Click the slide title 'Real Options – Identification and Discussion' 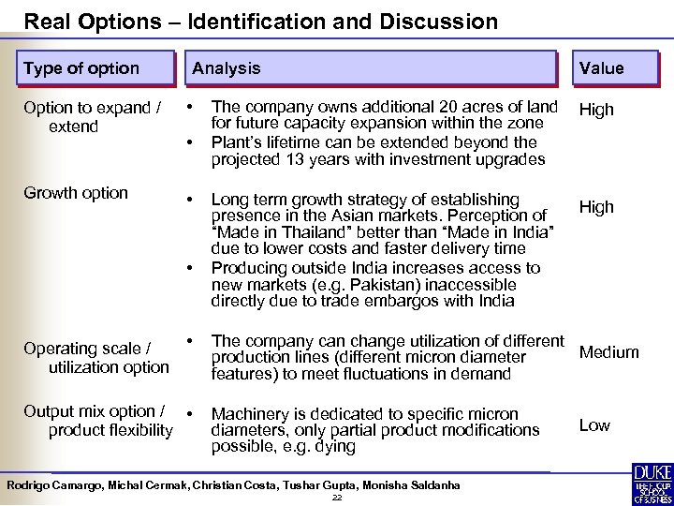[261, 21]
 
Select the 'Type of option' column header [81, 68]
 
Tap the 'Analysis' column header [227, 68]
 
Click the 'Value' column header [601, 68]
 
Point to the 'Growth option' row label [76, 193]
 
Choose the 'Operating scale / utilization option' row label [96, 358]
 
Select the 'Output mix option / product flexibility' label [98, 421]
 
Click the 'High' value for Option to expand [596, 110]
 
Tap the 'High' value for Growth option [596, 207]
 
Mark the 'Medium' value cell [609, 352]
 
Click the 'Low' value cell [594, 425]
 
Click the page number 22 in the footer [337, 498]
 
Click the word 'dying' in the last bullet [335, 446]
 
